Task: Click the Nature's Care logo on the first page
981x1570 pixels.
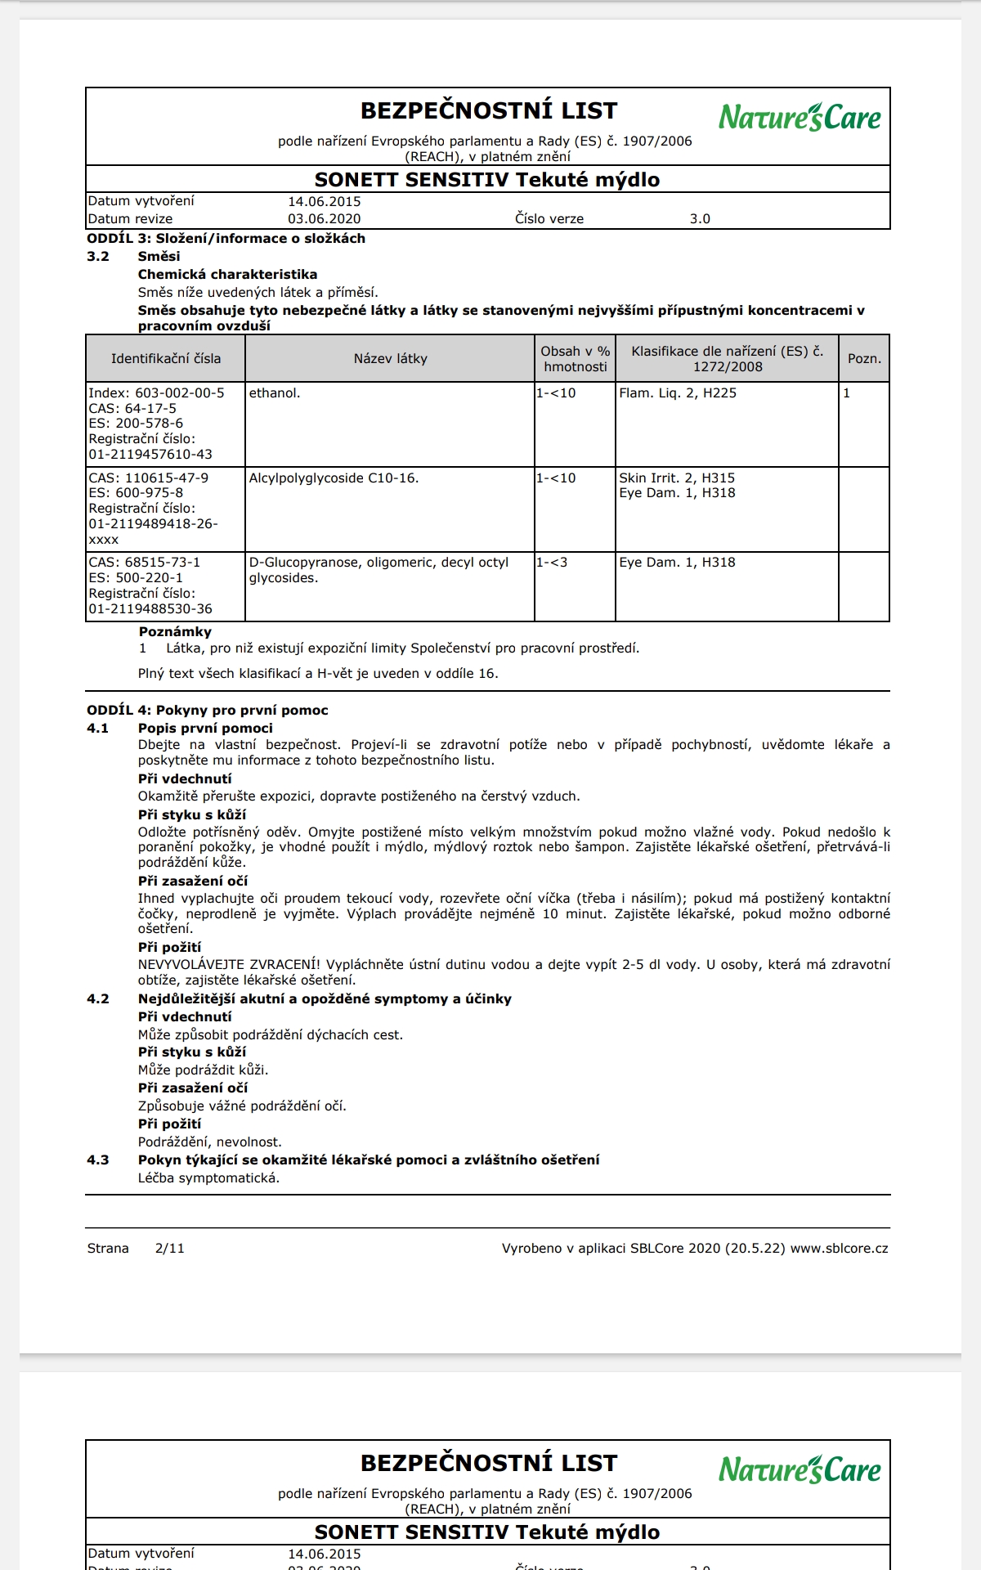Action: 800,118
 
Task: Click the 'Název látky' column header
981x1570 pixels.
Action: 390,358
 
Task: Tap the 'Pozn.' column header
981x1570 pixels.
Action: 864,358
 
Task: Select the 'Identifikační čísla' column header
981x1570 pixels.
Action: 166,358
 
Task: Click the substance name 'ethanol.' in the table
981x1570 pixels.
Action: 275,393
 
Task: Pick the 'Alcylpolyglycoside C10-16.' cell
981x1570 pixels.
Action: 334,478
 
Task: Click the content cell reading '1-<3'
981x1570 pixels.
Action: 552,563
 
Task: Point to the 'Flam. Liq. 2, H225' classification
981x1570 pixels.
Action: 678,393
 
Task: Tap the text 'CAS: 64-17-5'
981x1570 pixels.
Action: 132,408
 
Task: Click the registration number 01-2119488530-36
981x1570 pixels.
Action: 150,608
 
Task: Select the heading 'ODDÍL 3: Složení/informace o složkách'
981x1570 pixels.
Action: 226,238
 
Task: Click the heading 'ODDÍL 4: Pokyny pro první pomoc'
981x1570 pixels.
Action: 208,710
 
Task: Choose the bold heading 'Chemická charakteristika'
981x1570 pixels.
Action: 227,274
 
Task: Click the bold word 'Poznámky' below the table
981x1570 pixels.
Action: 175,631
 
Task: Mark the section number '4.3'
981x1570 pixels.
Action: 98,1160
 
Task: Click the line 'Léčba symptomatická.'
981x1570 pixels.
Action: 208,1177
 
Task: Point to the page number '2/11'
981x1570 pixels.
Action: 169,1248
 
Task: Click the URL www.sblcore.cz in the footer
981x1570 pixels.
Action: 839,1248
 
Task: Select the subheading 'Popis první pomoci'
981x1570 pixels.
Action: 205,728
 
